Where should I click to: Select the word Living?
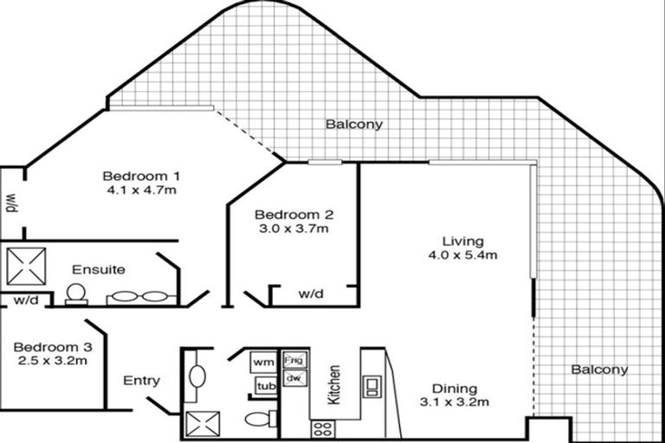pyautogui.click(x=462, y=241)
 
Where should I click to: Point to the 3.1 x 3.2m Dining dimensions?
pyautogui.click(x=455, y=402)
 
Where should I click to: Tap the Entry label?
pyautogui.click(x=141, y=380)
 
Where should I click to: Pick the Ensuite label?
pyautogui.click(x=99, y=269)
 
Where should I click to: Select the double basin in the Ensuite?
pyautogui.click(x=139, y=297)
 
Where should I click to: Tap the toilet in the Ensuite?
pyautogui.click(x=76, y=294)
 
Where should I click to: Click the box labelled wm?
pyautogui.click(x=262, y=361)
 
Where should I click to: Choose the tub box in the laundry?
pyautogui.click(x=264, y=386)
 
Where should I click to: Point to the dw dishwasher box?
pyautogui.click(x=294, y=378)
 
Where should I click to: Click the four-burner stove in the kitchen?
pyautogui.click(x=322, y=426)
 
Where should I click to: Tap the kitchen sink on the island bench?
pyautogui.click(x=371, y=386)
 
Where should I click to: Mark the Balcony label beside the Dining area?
pyautogui.click(x=599, y=369)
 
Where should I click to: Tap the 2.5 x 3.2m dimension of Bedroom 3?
pyautogui.click(x=51, y=361)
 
